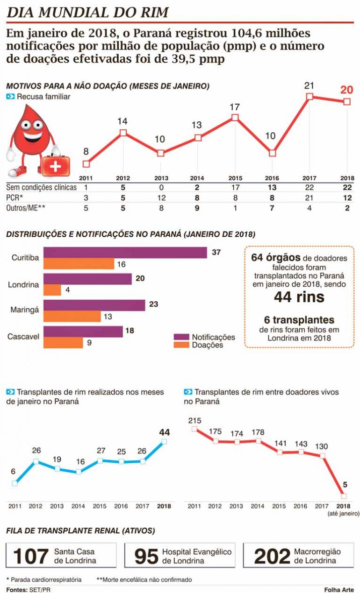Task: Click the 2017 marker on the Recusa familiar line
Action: click(310, 97)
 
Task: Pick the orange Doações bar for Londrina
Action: click(52, 290)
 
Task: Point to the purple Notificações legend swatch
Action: click(181, 337)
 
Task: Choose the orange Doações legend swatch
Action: click(181, 345)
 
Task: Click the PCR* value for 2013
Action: click(160, 197)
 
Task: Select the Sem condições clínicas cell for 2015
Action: click(235, 187)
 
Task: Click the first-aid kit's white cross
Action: click(56, 166)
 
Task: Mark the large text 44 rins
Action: click(299, 296)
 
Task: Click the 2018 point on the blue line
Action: click(164, 441)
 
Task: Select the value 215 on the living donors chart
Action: click(194, 420)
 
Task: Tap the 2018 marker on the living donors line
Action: click(344, 496)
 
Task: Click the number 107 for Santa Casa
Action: click(31, 556)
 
